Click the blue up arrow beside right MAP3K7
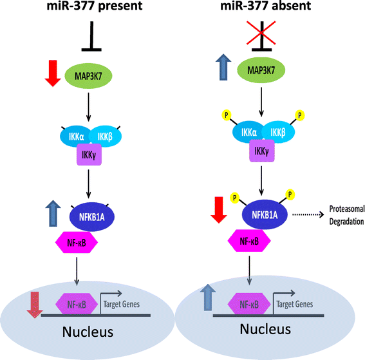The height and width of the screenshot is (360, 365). click(222, 67)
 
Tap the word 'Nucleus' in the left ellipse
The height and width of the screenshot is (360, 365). click(89, 333)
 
